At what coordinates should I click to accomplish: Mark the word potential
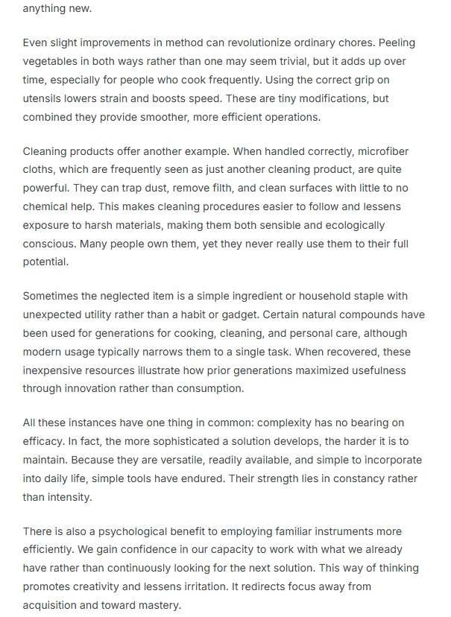[x=46, y=262]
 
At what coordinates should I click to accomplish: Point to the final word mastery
[x=157, y=605]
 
